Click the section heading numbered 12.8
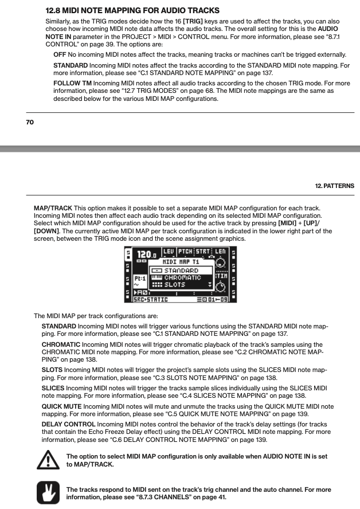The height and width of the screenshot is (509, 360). pyautogui.click(x=132, y=10)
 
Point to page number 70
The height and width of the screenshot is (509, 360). pyautogui.click(x=30, y=122)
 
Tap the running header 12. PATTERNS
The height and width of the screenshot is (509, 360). pyautogui.click(x=334, y=186)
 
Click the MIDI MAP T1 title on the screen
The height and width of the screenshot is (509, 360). pyautogui.click(x=173, y=261)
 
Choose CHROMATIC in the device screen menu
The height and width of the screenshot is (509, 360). pyautogui.click(x=182, y=277)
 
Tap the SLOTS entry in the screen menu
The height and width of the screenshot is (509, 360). pyautogui.click(x=174, y=285)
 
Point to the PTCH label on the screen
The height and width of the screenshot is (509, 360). pyautogui.click(x=185, y=251)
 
